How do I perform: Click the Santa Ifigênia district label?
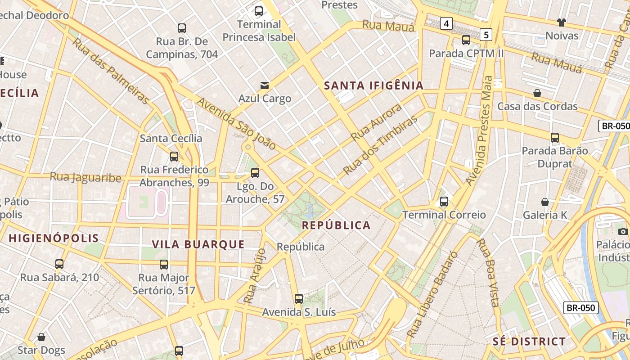coord(374,85)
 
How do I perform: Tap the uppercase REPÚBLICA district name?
coord(336,225)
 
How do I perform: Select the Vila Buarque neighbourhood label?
coord(198,244)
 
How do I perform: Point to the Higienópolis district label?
coord(54,238)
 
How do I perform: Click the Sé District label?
coord(529,342)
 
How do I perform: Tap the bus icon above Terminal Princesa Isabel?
coord(259,11)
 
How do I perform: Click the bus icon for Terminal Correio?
coord(444,202)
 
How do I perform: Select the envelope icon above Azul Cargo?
coord(265,85)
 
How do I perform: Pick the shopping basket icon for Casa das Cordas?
coord(537,93)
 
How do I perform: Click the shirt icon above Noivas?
coord(561,22)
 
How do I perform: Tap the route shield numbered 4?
coord(445,23)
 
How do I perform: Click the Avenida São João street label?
coord(236,124)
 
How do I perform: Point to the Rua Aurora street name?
coord(376,122)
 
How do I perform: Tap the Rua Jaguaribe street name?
coord(85,177)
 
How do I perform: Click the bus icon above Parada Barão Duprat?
coord(555,138)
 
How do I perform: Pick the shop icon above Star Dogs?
coord(41,337)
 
